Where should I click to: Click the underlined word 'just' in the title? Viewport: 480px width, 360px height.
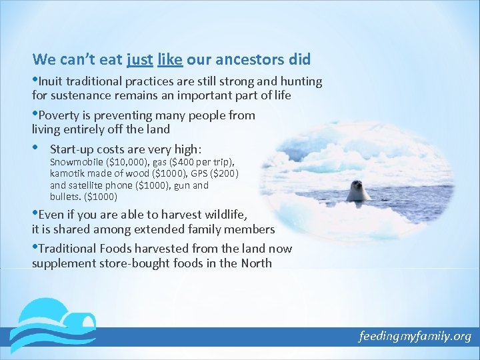coord(139,59)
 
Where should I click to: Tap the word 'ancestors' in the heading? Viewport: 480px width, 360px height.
coord(250,59)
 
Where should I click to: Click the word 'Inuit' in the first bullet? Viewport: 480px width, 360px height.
coord(51,82)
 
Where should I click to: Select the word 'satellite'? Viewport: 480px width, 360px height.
coord(90,185)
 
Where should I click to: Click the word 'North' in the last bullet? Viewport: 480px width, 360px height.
coord(255,263)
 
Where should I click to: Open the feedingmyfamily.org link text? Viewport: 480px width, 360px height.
coord(414,336)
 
